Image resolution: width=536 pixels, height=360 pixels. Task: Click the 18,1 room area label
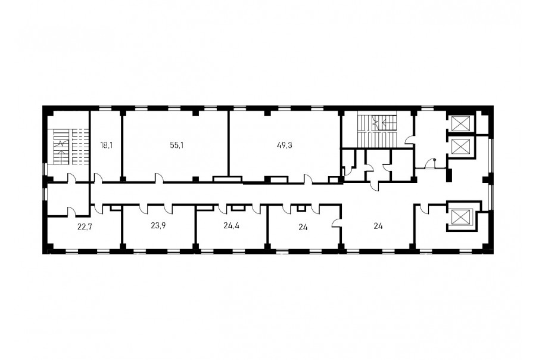click(x=107, y=145)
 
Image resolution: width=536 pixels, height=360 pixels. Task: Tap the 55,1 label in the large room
click(x=177, y=145)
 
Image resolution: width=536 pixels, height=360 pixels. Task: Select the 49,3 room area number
click(x=285, y=145)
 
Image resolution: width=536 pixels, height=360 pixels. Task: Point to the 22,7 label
click(x=85, y=226)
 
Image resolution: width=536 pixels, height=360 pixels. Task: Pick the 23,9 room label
click(x=158, y=225)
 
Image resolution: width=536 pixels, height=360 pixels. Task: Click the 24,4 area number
click(x=232, y=225)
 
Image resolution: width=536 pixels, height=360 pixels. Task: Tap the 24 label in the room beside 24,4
click(x=303, y=226)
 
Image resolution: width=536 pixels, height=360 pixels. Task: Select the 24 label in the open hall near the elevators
click(x=378, y=226)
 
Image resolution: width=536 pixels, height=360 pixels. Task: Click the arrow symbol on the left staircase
click(x=61, y=151)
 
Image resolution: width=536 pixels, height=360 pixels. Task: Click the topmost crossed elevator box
click(x=461, y=123)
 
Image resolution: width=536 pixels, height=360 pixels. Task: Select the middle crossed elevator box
click(x=461, y=147)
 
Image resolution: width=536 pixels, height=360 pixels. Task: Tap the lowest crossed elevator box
click(x=461, y=218)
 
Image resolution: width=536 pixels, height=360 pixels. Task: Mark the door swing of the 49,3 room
click(x=308, y=179)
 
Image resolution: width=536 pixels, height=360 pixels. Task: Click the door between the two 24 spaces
click(x=337, y=223)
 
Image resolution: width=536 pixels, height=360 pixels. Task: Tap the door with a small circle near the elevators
click(x=430, y=164)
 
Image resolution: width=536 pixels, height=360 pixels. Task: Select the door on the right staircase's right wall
click(x=410, y=139)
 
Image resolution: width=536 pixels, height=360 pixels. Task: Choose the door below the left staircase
click(x=72, y=178)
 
